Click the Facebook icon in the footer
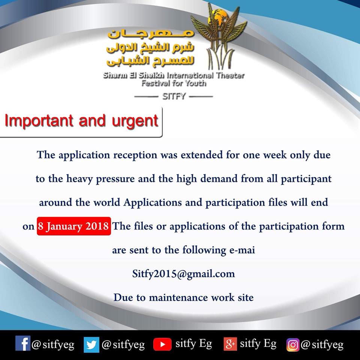coord(23,343)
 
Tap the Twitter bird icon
coord(91,345)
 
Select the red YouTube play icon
coord(162,344)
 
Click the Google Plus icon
coord(230,344)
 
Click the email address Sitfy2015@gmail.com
coord(183,274)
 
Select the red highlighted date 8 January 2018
coord(74,226)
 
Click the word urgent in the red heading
coord(135,121)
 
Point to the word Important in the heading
coord(39,120)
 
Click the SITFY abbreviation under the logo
coord(174,96)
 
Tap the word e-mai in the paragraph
coord(242,250)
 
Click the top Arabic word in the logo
coord(151,33)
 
